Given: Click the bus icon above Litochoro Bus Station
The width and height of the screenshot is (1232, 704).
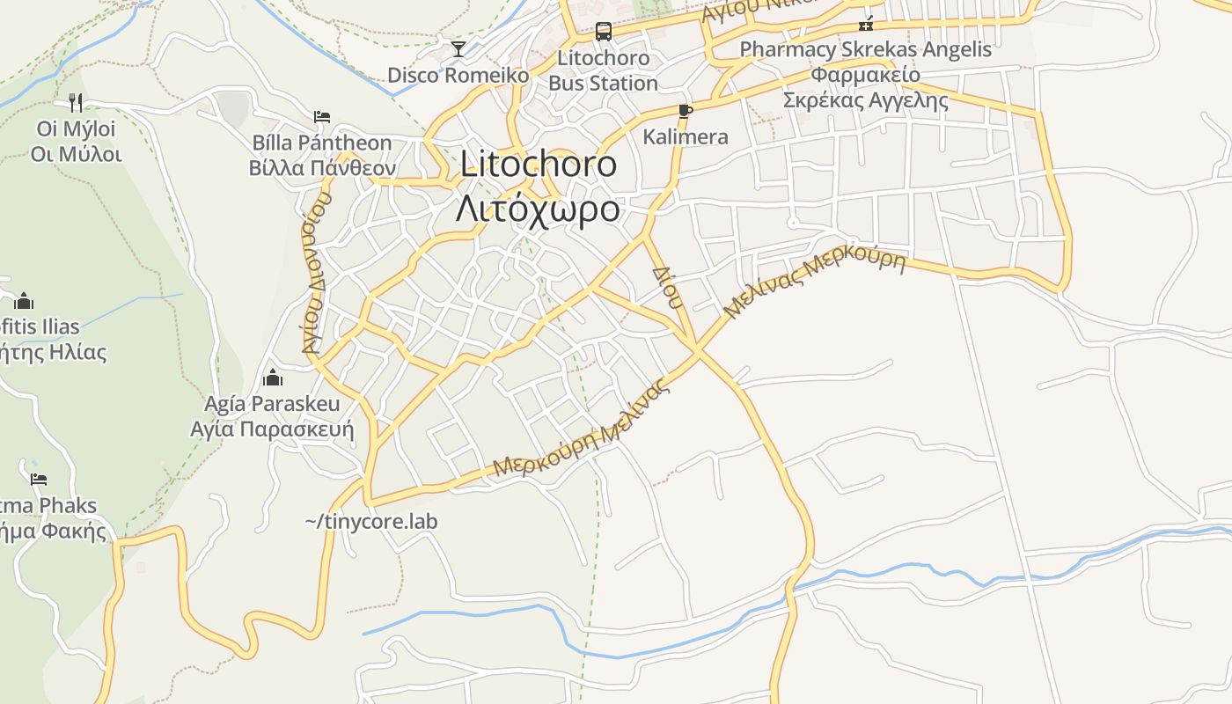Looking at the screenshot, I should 603,32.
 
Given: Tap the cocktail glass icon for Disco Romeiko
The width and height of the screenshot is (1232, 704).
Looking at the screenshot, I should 458,48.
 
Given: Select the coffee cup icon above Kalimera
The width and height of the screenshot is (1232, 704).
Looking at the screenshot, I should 685,111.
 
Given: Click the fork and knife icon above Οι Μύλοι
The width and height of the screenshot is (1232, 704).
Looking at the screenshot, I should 76,103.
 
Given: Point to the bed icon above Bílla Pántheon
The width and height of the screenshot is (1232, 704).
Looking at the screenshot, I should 322,116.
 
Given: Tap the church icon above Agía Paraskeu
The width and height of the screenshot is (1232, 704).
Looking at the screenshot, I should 273,378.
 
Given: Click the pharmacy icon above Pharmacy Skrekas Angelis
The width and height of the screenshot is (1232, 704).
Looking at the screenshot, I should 866,24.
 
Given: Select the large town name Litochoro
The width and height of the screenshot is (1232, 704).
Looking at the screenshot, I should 539,165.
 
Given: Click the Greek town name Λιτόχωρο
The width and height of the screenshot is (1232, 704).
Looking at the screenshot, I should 539,209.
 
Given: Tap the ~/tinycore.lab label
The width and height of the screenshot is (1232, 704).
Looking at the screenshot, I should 371,521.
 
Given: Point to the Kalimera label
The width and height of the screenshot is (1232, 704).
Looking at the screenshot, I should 686,136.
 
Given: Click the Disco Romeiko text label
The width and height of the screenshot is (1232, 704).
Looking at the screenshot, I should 458,75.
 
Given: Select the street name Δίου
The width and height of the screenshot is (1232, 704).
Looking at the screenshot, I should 667,286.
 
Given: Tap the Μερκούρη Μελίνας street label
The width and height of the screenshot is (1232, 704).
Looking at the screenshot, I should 583,429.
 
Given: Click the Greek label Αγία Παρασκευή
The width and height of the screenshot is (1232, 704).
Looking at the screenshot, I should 272,429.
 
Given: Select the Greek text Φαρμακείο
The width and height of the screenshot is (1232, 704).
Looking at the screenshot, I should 866,74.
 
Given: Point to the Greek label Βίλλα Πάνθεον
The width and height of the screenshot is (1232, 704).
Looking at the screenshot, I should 322,168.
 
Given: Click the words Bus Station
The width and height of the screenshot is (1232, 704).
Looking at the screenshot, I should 603,84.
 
